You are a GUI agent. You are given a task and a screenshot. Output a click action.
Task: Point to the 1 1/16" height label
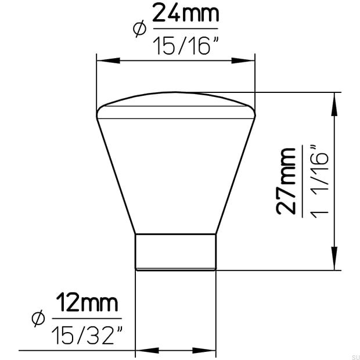(x=321, y=181)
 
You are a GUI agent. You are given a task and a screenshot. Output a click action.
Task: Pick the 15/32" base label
(x=88, y=334)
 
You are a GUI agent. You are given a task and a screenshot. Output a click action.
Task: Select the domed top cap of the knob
(x=176, y=105)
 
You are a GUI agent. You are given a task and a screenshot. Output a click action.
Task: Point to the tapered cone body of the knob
(x=176, y=174)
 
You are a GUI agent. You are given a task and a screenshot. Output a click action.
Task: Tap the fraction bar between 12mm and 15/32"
(x=88, y=318)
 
